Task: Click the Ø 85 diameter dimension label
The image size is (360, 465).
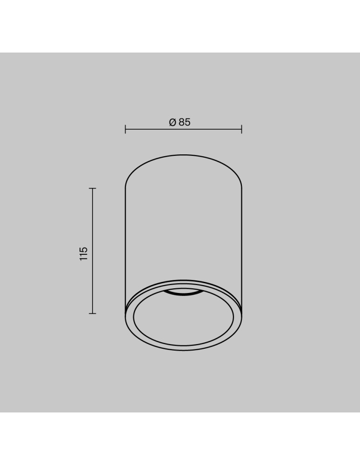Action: tap(180, 122)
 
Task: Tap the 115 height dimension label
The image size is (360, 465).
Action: tap(84, 253)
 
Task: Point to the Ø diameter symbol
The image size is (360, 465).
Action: tap(172, 122)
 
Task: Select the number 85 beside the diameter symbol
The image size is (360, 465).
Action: tap(185, 122)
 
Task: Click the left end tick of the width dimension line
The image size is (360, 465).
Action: tap(126, 129)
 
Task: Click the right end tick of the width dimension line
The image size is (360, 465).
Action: tap(241, 129)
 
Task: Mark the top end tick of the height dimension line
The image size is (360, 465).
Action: tap(93, 188)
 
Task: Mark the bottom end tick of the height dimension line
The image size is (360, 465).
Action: tap(93, 313)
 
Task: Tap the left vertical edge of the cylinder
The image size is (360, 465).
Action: tap(126, 246)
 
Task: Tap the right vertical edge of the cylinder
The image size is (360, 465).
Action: tap(241, 246)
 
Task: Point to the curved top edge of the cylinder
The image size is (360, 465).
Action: tap(183, 155)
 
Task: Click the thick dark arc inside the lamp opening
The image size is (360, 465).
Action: tap(183, 293)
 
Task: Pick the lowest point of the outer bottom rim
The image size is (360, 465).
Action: tap(183, 351)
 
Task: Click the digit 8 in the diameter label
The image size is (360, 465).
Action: tap(181, 122)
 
